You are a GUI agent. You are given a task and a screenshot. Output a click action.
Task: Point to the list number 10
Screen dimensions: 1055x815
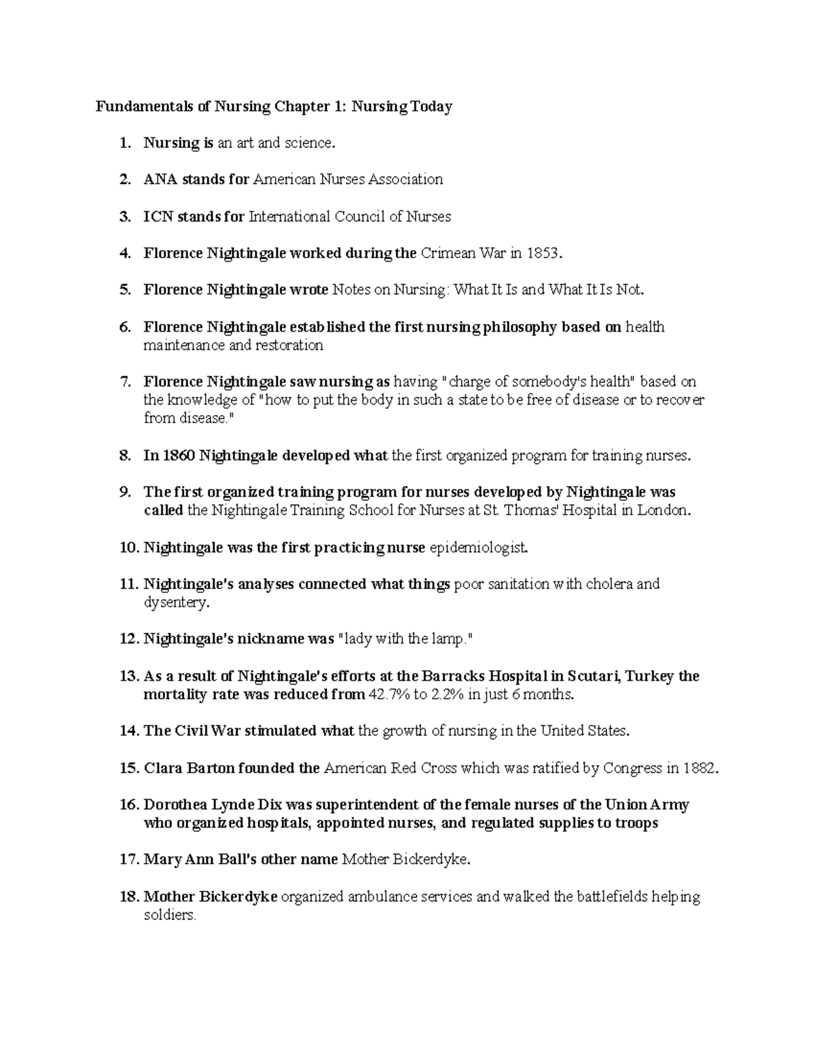point(128,548)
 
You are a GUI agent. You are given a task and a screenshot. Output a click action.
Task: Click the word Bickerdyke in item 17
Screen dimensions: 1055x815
point(434,860)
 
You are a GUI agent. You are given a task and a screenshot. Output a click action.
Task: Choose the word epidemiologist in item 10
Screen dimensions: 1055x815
point(478,548)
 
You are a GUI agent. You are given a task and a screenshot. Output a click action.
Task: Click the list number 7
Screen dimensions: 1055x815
point(124,382)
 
